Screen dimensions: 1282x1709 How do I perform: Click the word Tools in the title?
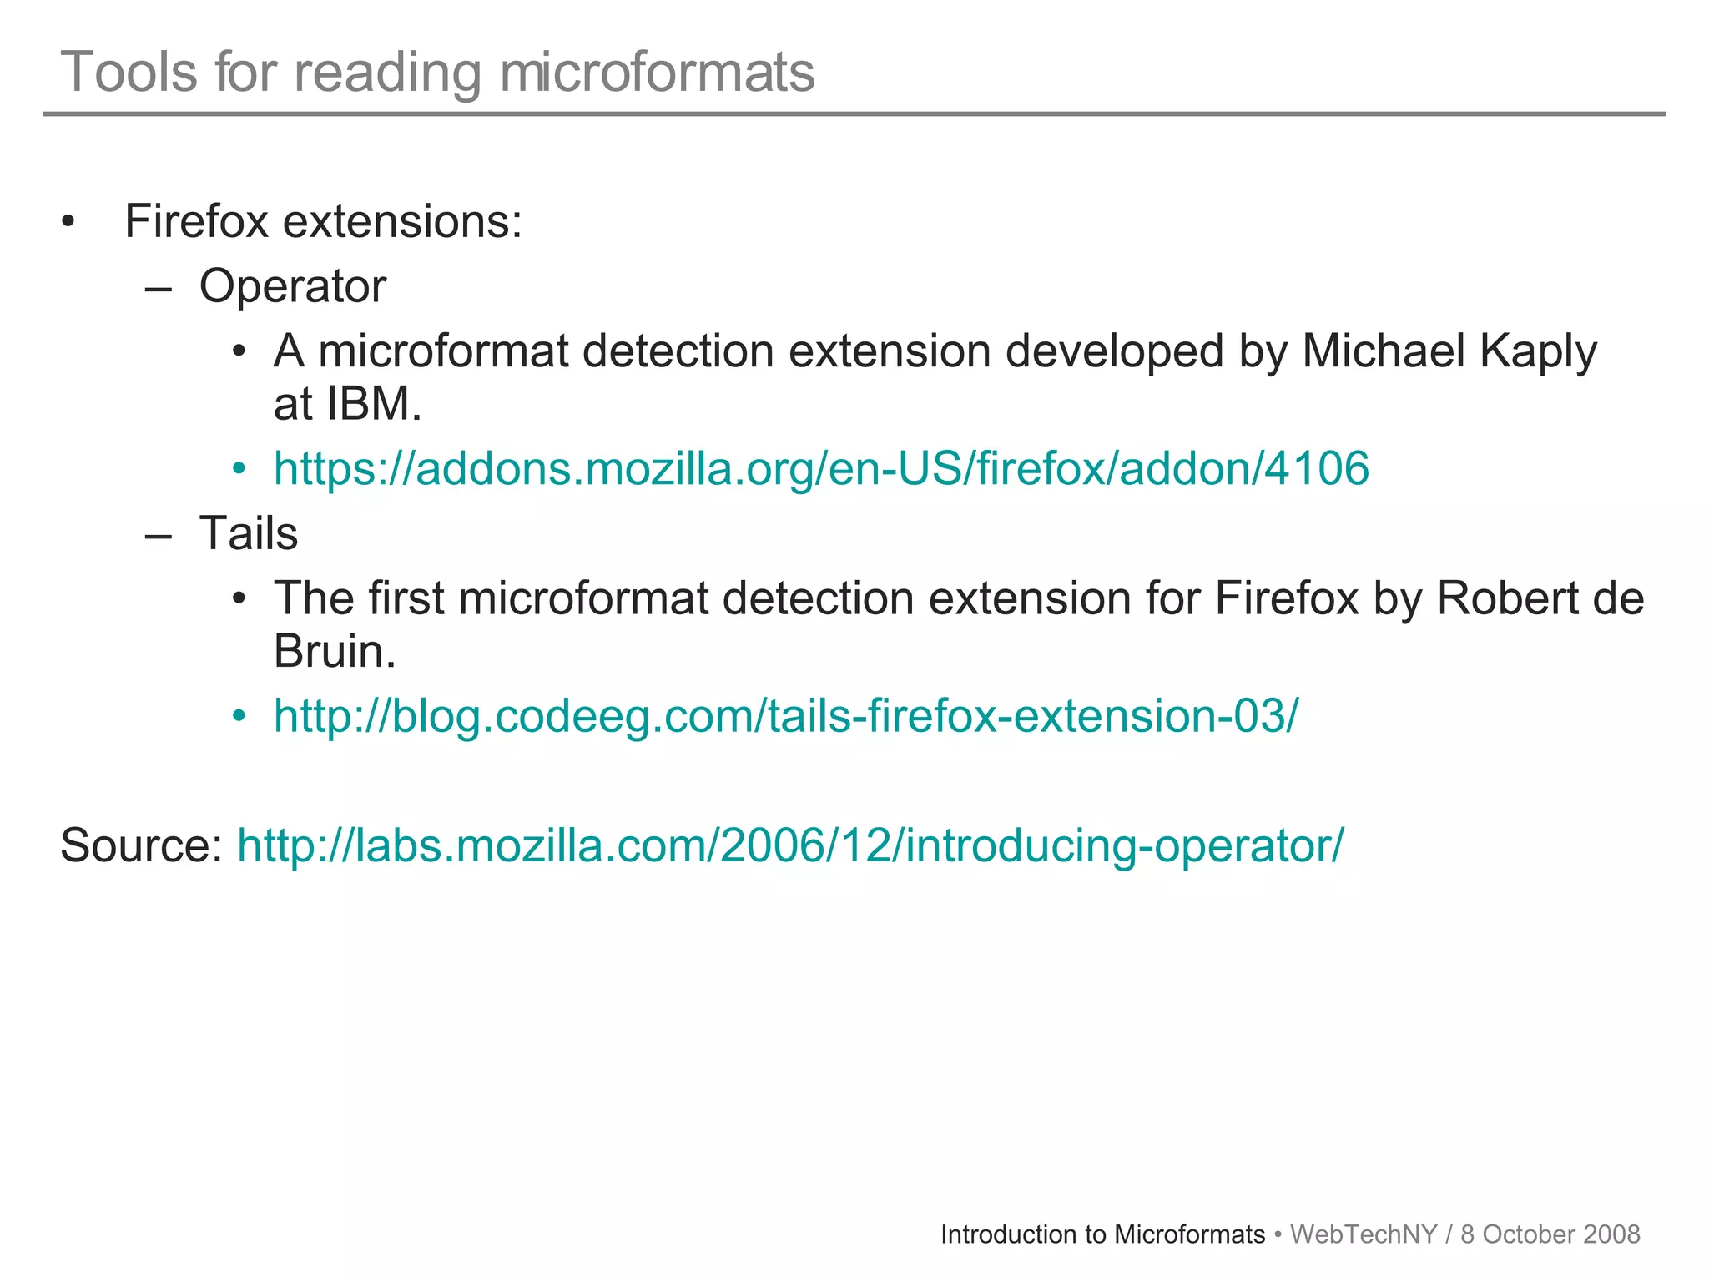[129, 72]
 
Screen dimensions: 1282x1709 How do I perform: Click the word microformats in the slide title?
[657, 72]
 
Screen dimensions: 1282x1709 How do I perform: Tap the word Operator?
[292, 286]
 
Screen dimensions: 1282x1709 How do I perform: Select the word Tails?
[248, 533]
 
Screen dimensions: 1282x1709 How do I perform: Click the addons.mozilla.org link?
[821, 468]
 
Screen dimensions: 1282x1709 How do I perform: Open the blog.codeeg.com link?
[785, 715]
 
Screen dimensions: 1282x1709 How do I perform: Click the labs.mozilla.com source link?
[790, 845]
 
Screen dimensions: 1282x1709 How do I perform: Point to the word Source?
[141, 845]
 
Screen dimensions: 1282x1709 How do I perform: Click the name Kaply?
[1538, 351]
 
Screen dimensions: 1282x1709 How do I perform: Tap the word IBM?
[373, 404]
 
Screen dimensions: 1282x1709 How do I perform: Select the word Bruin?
[334, 651]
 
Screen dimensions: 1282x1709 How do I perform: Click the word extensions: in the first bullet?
[402, 222]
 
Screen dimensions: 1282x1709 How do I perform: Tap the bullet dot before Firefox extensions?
[68, 223]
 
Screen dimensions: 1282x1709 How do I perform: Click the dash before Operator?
[158, 289]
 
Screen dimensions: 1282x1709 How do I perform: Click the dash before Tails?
[158, 536]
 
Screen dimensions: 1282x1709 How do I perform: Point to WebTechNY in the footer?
[1364, 1234]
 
